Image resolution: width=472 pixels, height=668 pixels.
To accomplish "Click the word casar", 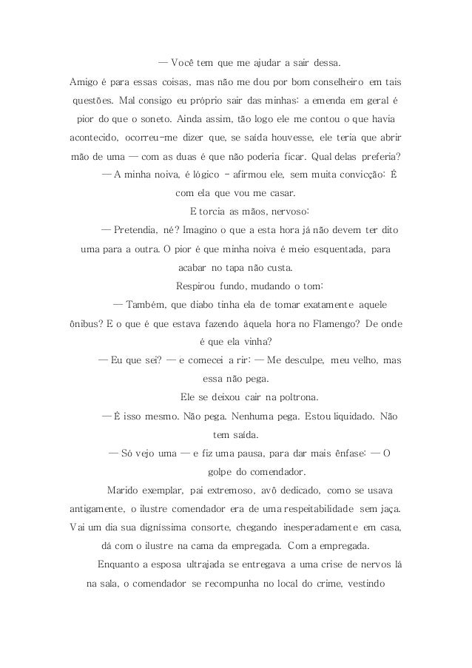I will tap(279, 194).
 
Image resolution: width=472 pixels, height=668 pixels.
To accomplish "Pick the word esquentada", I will tap(331, 249).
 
